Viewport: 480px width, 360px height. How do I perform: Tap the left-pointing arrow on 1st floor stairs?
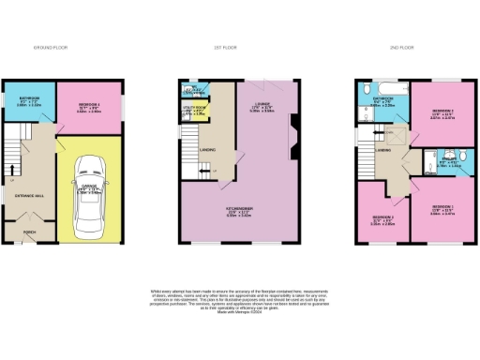pos(211,170)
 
